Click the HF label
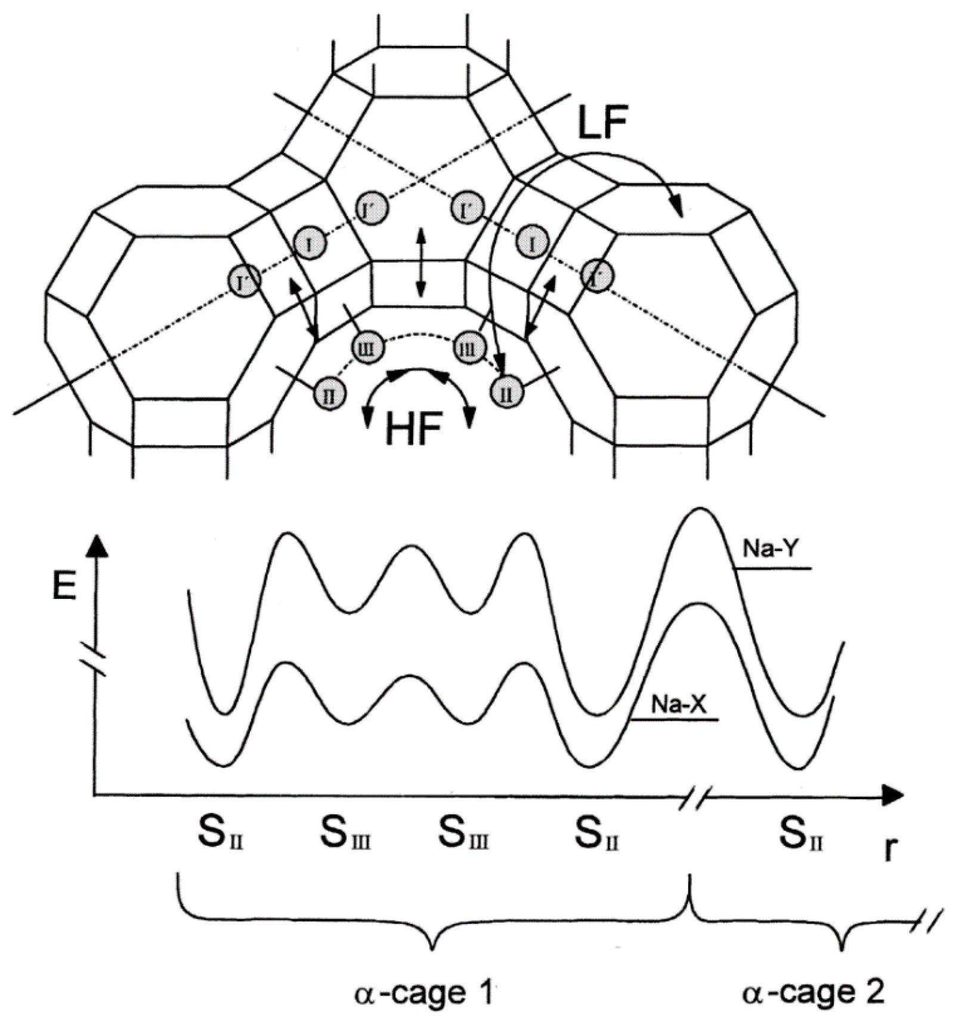point(413,429)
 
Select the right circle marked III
point(468,348)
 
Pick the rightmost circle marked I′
point(597,276)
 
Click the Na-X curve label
point(678,704)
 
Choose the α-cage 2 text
point(813,993)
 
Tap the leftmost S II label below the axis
point(220,833)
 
